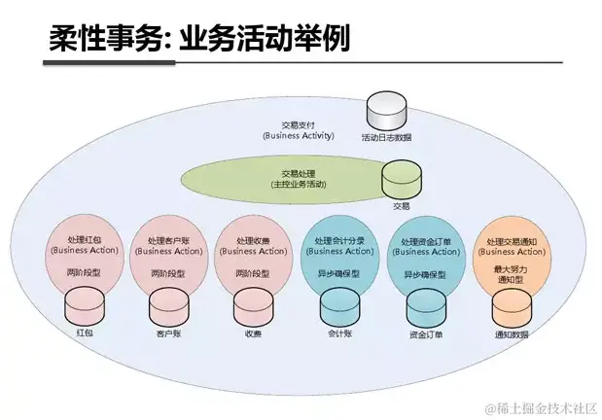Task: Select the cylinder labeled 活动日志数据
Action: [386, 110]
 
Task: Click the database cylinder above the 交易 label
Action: [400, 180]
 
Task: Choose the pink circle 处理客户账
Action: [168, 255]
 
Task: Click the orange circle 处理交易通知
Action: [511, 255]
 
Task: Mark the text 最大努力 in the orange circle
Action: [511, 267]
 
